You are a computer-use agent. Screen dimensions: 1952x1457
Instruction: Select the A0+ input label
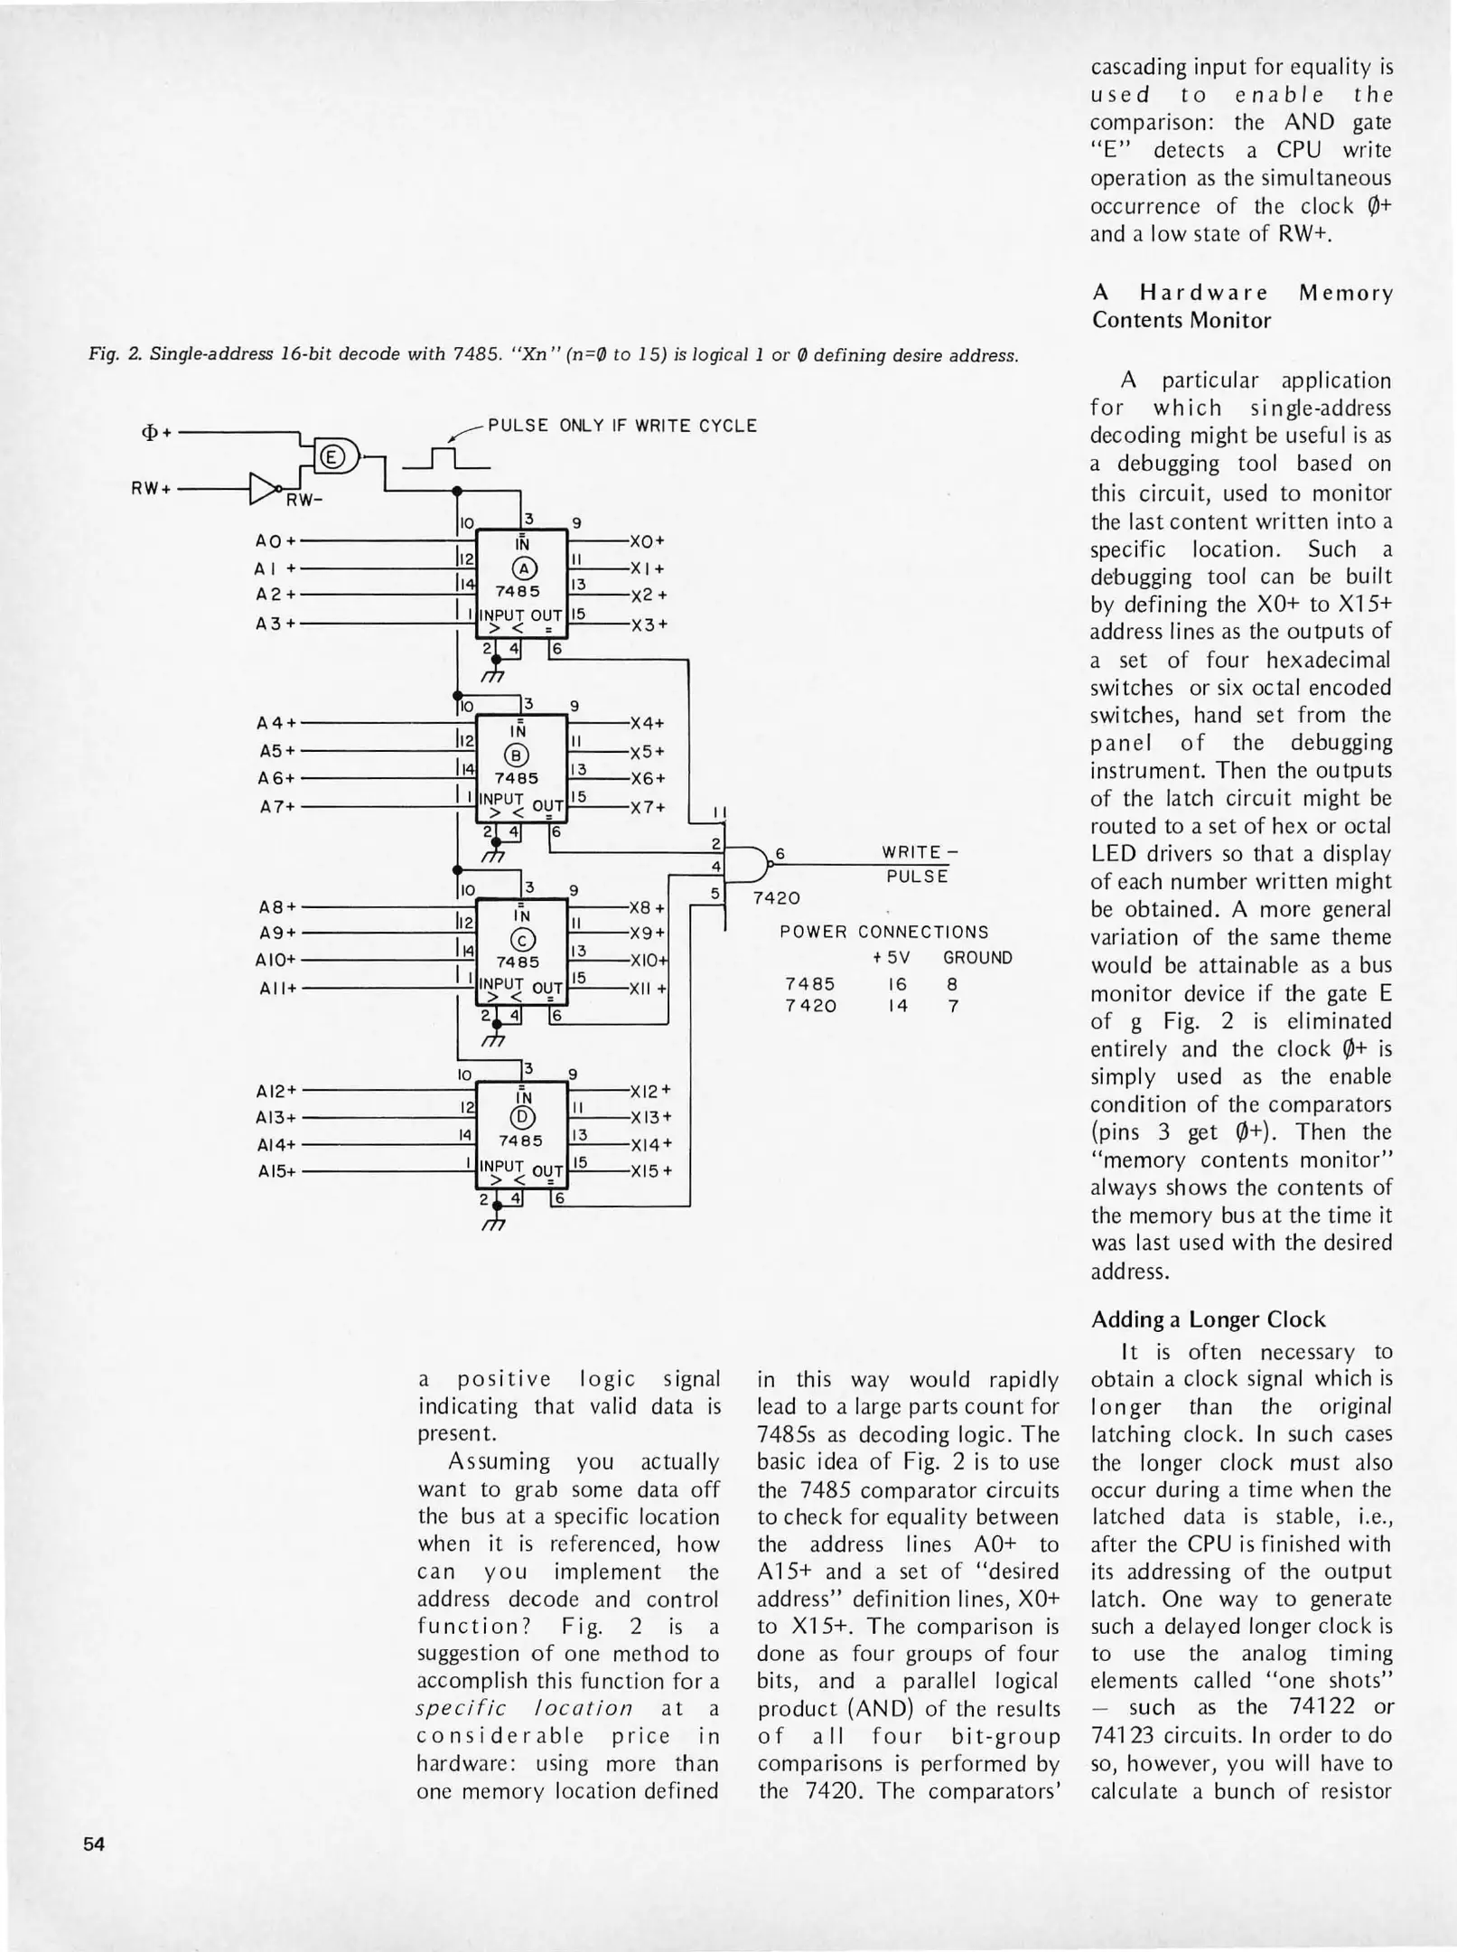click(x=275, y=541)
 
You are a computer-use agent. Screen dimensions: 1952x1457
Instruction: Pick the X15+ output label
click(x=651, y=1171)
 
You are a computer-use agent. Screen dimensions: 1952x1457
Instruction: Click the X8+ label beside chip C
click(x=648, y=907)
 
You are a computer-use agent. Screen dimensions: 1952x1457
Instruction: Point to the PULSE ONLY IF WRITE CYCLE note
click(x=621, y=426)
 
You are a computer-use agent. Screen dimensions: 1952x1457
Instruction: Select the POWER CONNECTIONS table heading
click(x=883, y=932)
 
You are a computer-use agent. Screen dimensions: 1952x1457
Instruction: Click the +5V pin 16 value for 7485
click(x=897, y=984)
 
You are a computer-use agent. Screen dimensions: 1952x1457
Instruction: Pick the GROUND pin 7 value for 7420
click(x=953, y=1006)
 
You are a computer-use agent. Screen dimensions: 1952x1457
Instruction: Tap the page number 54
click(x=94, y=1844)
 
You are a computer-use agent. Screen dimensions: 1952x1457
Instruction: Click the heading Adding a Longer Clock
click(x=1208, y=1319)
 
